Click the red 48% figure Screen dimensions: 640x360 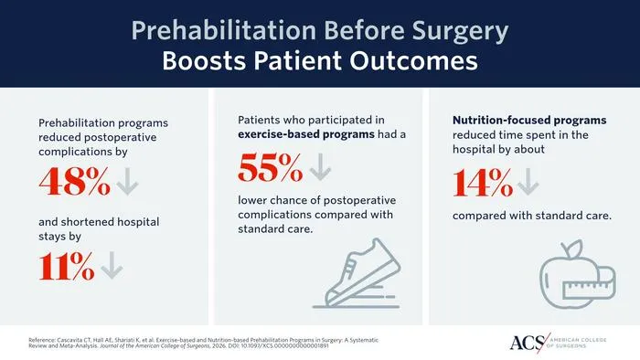(75, 182)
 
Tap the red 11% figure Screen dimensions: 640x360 (67, 266)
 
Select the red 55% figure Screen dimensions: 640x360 (271, 167)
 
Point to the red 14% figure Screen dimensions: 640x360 (483, 183)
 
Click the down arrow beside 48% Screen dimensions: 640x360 (127, 182)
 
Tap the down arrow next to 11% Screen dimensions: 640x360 (112, 265)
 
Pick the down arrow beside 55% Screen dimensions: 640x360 (320, 166)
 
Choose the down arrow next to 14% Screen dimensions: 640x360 (528, 182)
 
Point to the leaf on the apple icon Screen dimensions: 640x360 (574, 246)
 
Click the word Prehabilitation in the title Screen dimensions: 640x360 (224, 31)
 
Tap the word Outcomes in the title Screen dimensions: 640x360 (413, 61)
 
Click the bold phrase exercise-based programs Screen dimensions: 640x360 (306, 134)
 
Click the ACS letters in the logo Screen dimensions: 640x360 (528, 343)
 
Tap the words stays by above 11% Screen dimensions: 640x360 (60, 237)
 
